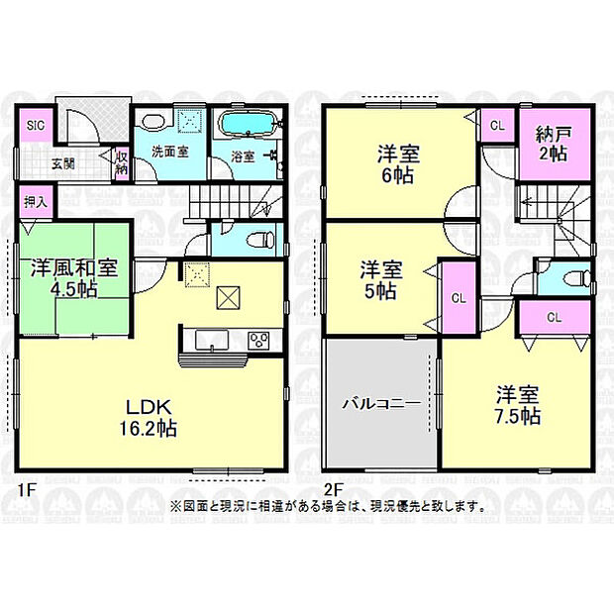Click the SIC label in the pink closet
click(x=35, y=126)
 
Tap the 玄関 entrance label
click(x=63, y=164)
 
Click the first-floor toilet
click(x=259, y=239)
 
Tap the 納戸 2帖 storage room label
click(x=552, y=145)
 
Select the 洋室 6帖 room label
click(x=397, y=164)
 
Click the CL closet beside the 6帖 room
click(x=497, y=126)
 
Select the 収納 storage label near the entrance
click(x=121, y=161)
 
